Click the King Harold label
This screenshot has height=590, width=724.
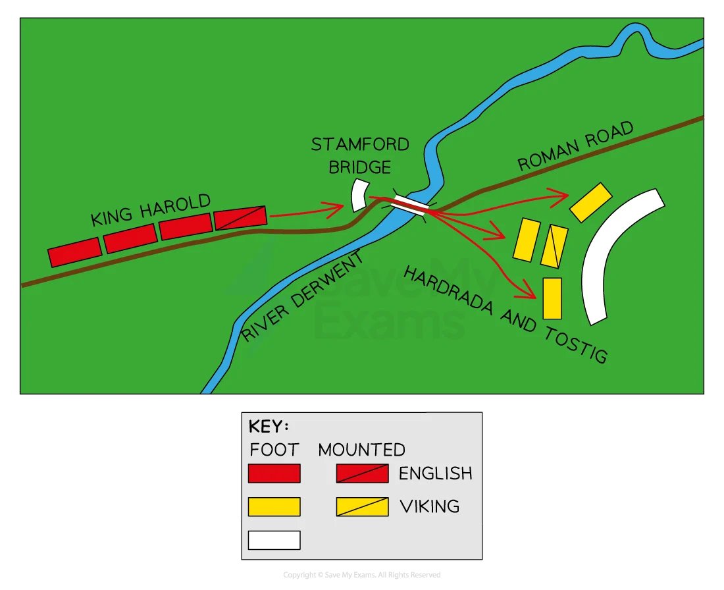pos(151,210)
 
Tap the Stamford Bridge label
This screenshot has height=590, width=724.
pos(360,155)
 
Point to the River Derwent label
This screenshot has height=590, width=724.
pos(302,296)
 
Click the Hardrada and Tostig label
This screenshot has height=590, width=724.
pos(505,315)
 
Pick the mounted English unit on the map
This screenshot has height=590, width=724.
pos(240,217)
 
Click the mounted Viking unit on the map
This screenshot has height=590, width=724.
pos(554,246)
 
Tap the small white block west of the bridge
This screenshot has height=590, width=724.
pos(359,195)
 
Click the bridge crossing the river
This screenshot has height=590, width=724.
pos(410,205)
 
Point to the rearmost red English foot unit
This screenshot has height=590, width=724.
pos(75,252)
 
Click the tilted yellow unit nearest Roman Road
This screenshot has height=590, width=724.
pos(590,202)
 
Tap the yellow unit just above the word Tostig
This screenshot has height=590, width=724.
pos(552,298)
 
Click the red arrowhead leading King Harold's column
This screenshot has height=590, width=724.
pos(334,209)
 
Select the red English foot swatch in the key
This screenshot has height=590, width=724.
pos(274,473)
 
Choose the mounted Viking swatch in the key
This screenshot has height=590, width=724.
pos(363,507)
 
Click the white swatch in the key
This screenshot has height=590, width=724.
pos(274,540)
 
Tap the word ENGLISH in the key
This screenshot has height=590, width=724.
pos(436,473)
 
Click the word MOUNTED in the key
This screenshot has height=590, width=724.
pos(361,450)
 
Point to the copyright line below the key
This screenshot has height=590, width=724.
pos(362,575)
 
